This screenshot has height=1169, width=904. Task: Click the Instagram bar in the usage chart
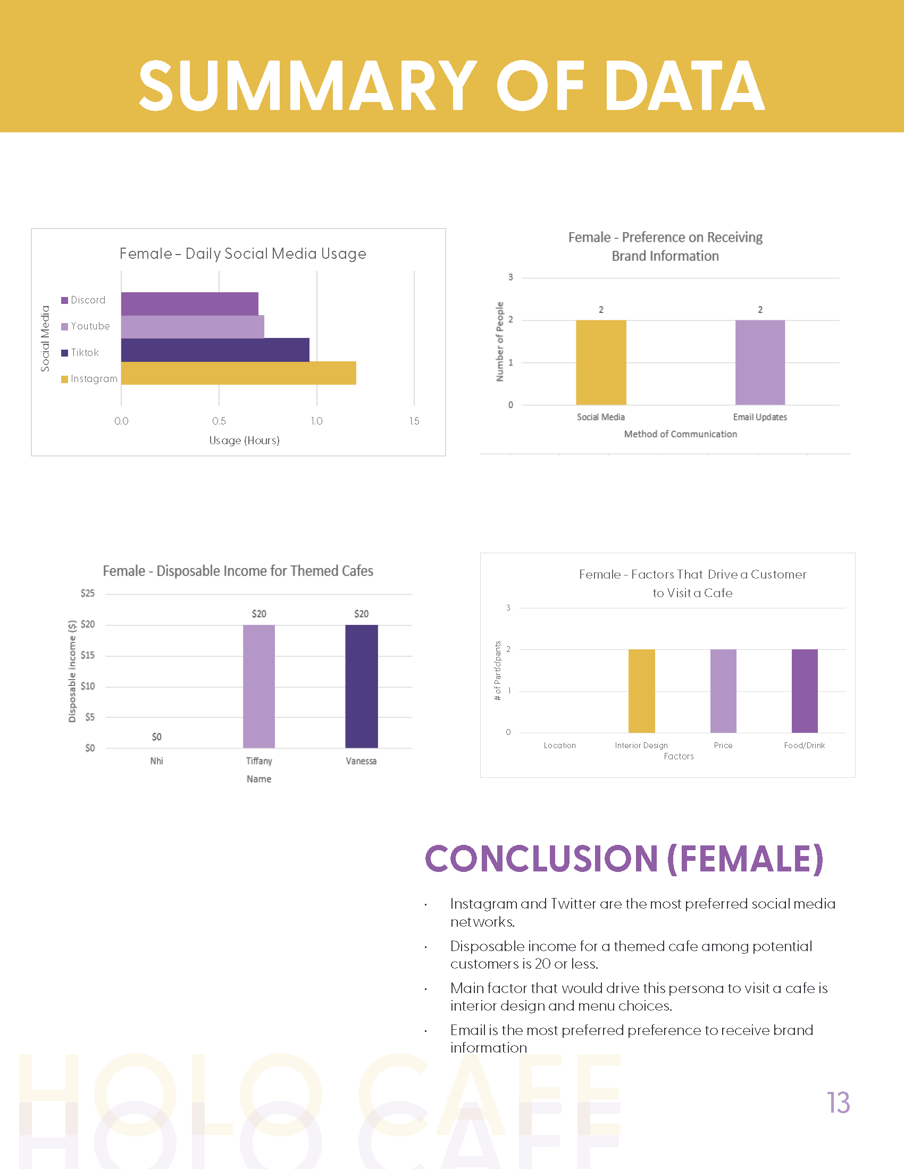pos(238,373)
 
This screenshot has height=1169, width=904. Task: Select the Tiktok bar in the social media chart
pos(215,350)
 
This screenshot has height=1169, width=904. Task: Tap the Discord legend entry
pos(83,300)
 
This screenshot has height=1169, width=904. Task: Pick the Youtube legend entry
pos(86,326)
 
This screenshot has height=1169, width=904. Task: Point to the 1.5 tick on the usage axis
pos(414,421)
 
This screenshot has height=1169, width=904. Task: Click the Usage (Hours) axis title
pos(244,441)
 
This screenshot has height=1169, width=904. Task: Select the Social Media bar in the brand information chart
pos(601,362)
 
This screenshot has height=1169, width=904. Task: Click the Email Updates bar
pos(760,362)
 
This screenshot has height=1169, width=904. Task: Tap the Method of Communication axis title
pos(680,434)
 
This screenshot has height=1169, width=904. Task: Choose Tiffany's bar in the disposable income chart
pos(258,686)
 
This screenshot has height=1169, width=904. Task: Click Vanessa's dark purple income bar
pos(362,686)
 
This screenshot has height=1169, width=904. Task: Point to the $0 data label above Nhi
pos(156,737)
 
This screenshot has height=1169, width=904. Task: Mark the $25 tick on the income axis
pos(87,593)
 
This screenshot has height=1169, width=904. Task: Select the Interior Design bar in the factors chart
pos(642,691)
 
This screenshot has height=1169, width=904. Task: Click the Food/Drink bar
pos(805,691)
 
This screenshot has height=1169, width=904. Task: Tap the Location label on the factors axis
pos(559,746)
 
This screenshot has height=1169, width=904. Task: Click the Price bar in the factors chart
pos(723,691)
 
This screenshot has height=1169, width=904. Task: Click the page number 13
pos(838,1103)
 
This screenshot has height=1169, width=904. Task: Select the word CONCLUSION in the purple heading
pos(541,859)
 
